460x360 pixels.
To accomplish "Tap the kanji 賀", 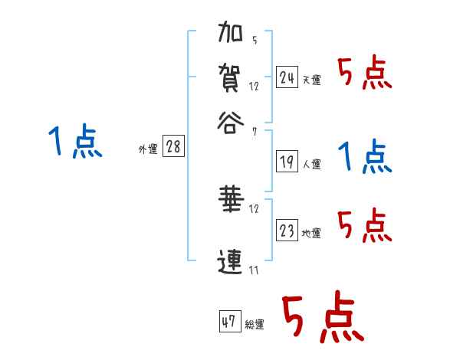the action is [x=231, y=78].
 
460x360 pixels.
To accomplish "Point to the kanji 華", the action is [x=231, y=201].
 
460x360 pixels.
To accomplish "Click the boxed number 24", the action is [x=287, y=77].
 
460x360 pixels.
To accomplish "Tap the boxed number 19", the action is [x=287, y=162].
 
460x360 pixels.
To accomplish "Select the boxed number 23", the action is [x=287, y=231].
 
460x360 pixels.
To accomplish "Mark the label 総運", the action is [x=254, y=325].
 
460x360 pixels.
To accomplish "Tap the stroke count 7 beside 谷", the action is [x=254, y=132].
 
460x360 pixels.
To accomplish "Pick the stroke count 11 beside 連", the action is [x=254, y=270].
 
